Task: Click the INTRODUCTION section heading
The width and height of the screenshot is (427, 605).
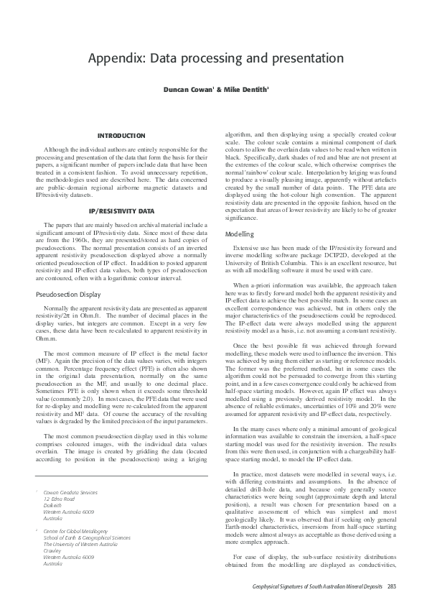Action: pos(121,135)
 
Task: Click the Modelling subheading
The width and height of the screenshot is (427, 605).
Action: pos(239,235)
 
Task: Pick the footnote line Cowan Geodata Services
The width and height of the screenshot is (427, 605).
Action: pos(70,492)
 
